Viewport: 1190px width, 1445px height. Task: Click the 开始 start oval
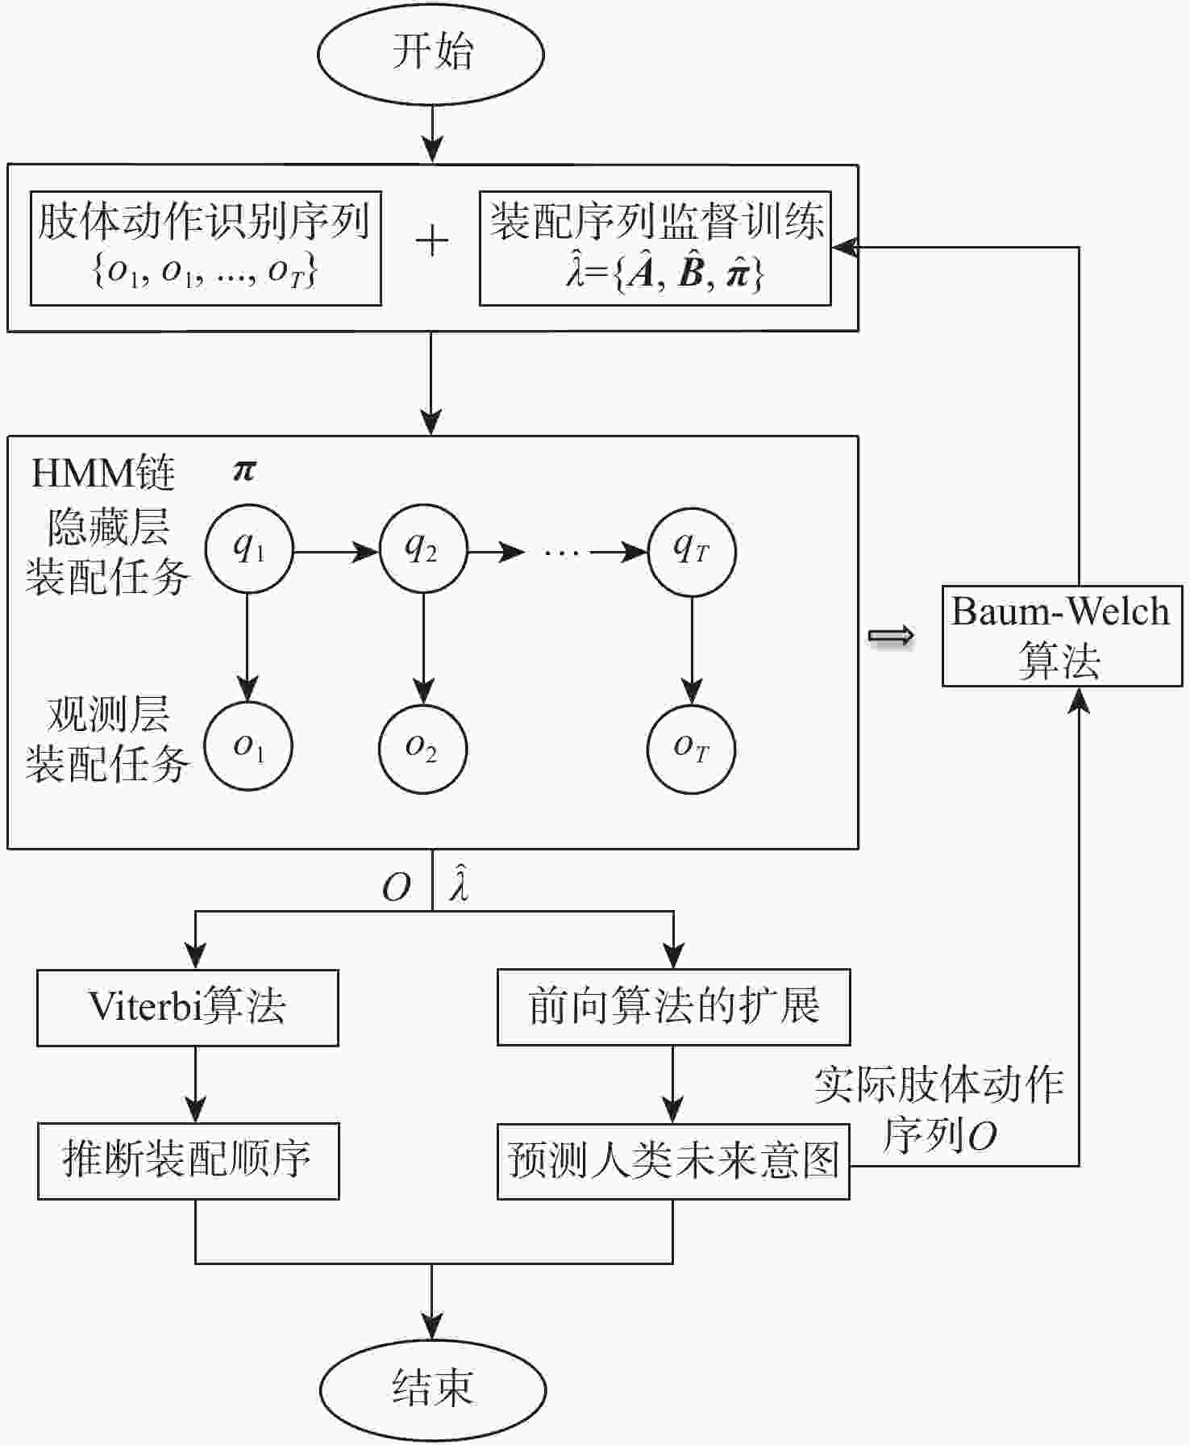click(431, 54)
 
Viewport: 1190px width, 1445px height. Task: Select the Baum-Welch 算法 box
click(1062, 637)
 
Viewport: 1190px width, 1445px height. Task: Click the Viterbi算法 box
click(187, 1008)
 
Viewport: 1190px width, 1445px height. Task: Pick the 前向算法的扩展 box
click(673, 1008)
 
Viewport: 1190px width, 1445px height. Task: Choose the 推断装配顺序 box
click(188, 1161)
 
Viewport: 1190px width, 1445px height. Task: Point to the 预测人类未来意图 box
click(673, 1161)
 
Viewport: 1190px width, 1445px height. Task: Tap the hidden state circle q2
click(422, 550)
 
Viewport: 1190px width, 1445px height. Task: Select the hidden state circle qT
click(691, 552)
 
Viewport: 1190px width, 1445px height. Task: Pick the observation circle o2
click(422, 748)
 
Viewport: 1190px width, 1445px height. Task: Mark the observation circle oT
click(691, 750)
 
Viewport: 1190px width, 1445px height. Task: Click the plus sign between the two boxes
click(432, 241)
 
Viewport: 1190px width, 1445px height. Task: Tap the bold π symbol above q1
click(244, 470)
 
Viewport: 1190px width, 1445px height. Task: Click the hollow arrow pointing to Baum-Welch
click(891, 637)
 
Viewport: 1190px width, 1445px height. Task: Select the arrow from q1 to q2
click(335, 552)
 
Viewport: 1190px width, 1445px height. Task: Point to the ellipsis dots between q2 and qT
click(561, 553)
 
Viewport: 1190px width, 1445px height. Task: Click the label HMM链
click(103, 474)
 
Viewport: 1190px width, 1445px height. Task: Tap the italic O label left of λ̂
click(396, 888)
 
